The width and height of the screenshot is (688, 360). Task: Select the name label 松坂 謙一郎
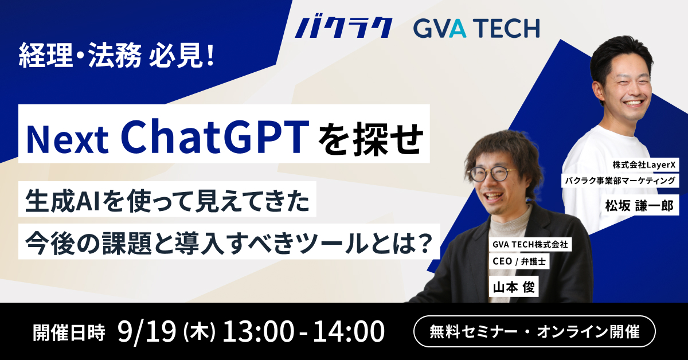pos(638,205)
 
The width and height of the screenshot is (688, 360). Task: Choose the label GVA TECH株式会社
pos(530,245)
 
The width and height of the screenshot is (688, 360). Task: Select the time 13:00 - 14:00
pos(303,332)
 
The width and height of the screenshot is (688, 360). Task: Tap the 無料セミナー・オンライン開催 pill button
pos(534,332)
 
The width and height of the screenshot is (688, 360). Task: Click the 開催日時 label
pos(70,332)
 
